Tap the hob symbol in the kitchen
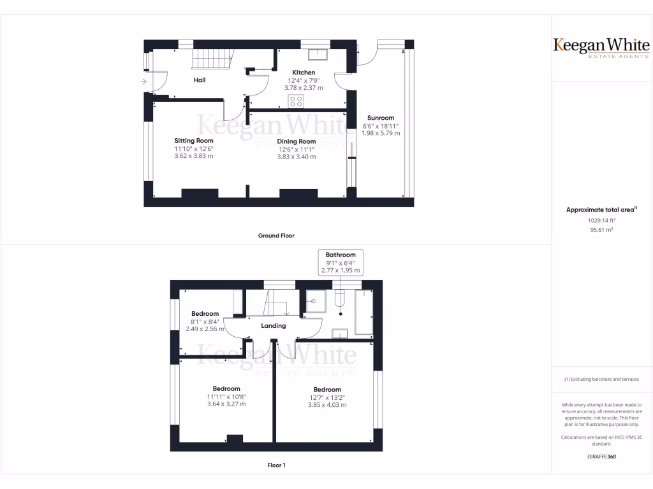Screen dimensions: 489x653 [296, 101]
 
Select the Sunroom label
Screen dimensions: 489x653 [380, 118]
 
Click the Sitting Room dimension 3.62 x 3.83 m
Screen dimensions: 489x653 [193, 156]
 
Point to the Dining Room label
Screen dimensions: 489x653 [297, 141]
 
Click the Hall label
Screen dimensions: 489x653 [200, 80]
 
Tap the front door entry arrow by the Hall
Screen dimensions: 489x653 [143, 82]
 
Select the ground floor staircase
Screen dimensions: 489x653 [211, 60]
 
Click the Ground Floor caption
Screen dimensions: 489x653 [276, 236]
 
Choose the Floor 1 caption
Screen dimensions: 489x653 [276, 465]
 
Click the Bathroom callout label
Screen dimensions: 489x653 [341, 255]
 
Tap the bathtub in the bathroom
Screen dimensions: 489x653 [364, 312]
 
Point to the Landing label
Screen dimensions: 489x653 [273, 326]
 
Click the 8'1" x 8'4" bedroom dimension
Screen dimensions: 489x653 [205, 322]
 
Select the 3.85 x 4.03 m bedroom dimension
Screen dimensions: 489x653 [327, 404]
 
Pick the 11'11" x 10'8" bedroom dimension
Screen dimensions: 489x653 [226, 397]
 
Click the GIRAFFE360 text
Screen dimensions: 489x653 [601, 457]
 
